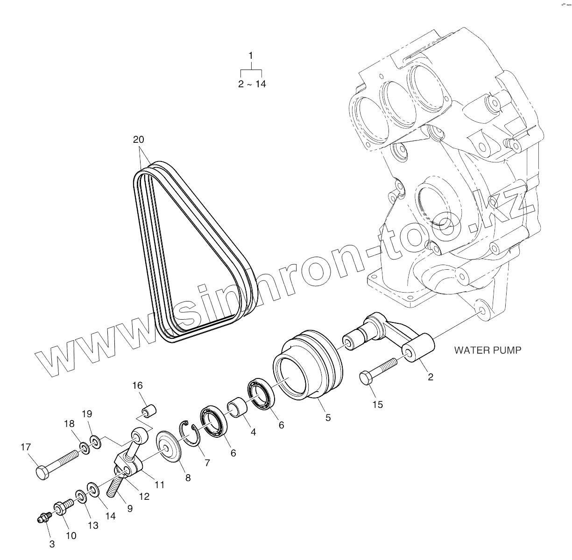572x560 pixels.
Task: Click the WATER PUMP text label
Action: pyautogui.click(x=487, y=350)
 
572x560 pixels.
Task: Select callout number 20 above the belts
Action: pyautogui.click(x=139, y=139)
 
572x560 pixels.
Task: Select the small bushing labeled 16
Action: pyautogui.click(x=149, y=411)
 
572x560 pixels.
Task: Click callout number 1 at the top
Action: pyautogui.click(x=251, y=56)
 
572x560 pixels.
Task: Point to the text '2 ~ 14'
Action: pyautogui.click(x=252, y=84)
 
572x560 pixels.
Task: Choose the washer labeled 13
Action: pyautogui.click(x=80, y=497)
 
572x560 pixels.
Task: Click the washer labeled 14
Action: pyautogui.click(x=92, y=490)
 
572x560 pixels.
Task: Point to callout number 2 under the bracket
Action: pyautogui.click(x=430, y=377)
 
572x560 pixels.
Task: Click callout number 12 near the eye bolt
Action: pyautogui.click(x=144, y=497)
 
